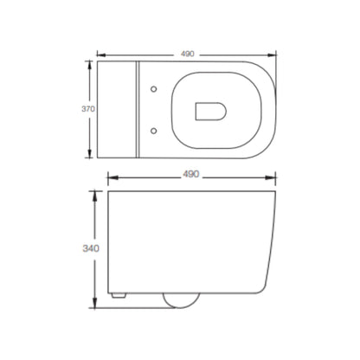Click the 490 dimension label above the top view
[x=188, y=54]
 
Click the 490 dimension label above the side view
[x=191, y=174]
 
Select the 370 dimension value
[x=88, y=109]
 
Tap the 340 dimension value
[x=91, y=248]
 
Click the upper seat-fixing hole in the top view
[x=154, y=89]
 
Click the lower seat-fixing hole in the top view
[x=154, y=131]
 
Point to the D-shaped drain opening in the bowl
[x=210, y=112]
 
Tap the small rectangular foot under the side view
[x=119, y=295]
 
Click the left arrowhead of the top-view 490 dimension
[x=100, y=55]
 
